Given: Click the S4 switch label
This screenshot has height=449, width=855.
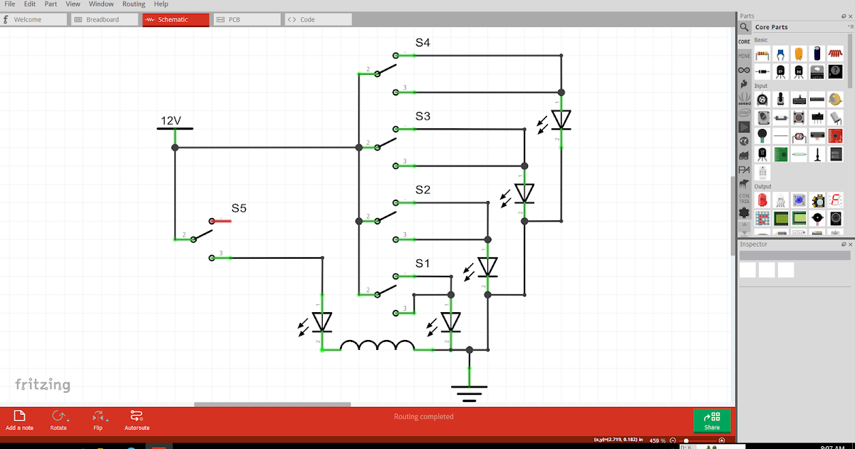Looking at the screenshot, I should pos(423,43).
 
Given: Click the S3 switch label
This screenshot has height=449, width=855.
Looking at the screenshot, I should pos(423,116).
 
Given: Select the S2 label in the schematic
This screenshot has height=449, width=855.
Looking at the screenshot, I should pos(423,190).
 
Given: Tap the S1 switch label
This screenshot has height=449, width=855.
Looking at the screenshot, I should pos(423,264).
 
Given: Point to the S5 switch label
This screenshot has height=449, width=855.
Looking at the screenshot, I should pos(239,209).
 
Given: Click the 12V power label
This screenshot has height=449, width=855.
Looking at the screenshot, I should pos(171,121).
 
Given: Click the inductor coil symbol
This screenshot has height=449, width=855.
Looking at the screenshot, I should pos(377,346).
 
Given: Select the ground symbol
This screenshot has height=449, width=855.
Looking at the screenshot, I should pos(469,392).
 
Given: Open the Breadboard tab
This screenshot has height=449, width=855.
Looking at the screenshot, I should pos(104,20).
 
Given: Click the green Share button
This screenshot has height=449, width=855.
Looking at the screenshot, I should pos(711,420).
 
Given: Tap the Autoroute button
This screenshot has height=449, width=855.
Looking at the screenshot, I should pos(137,420).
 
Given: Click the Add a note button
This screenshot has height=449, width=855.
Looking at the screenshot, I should pos(19,420).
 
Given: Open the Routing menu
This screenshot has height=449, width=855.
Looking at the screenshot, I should pos(133,4).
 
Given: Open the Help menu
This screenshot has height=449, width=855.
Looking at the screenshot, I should pos(161,4).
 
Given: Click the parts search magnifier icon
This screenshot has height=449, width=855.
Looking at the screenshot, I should pos(744,27).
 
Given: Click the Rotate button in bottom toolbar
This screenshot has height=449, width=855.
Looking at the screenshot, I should pos(58,420).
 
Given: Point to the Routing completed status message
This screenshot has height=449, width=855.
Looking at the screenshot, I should pos(423,417).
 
